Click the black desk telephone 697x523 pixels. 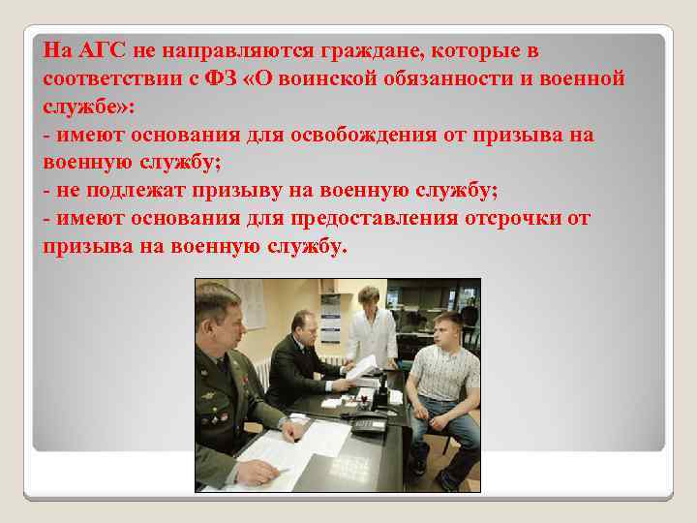pyautogui.click(x=367, y=423)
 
